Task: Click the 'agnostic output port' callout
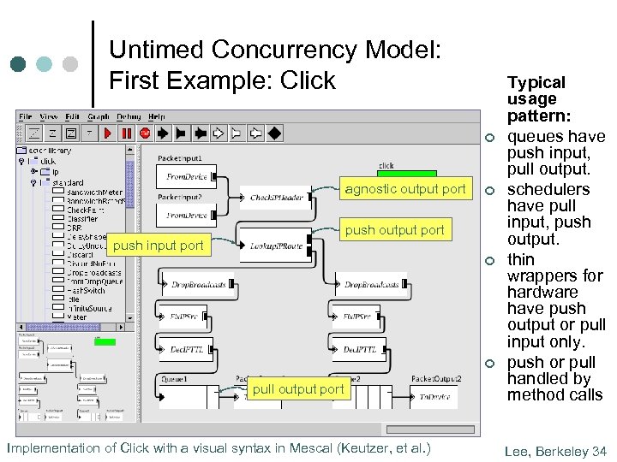tap(404, 189)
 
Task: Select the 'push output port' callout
tap(394, 229)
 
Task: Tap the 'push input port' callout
tap(159, 246)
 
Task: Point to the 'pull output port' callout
tap(298, 389)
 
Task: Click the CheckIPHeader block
tap(276, 198)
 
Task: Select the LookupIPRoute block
tap(276, 246)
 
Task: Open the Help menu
tap(157, 116)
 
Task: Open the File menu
tap(26, 116)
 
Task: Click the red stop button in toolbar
tap(145, 133)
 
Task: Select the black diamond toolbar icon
tap(274, 133)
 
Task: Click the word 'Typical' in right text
tap(536, 83)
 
